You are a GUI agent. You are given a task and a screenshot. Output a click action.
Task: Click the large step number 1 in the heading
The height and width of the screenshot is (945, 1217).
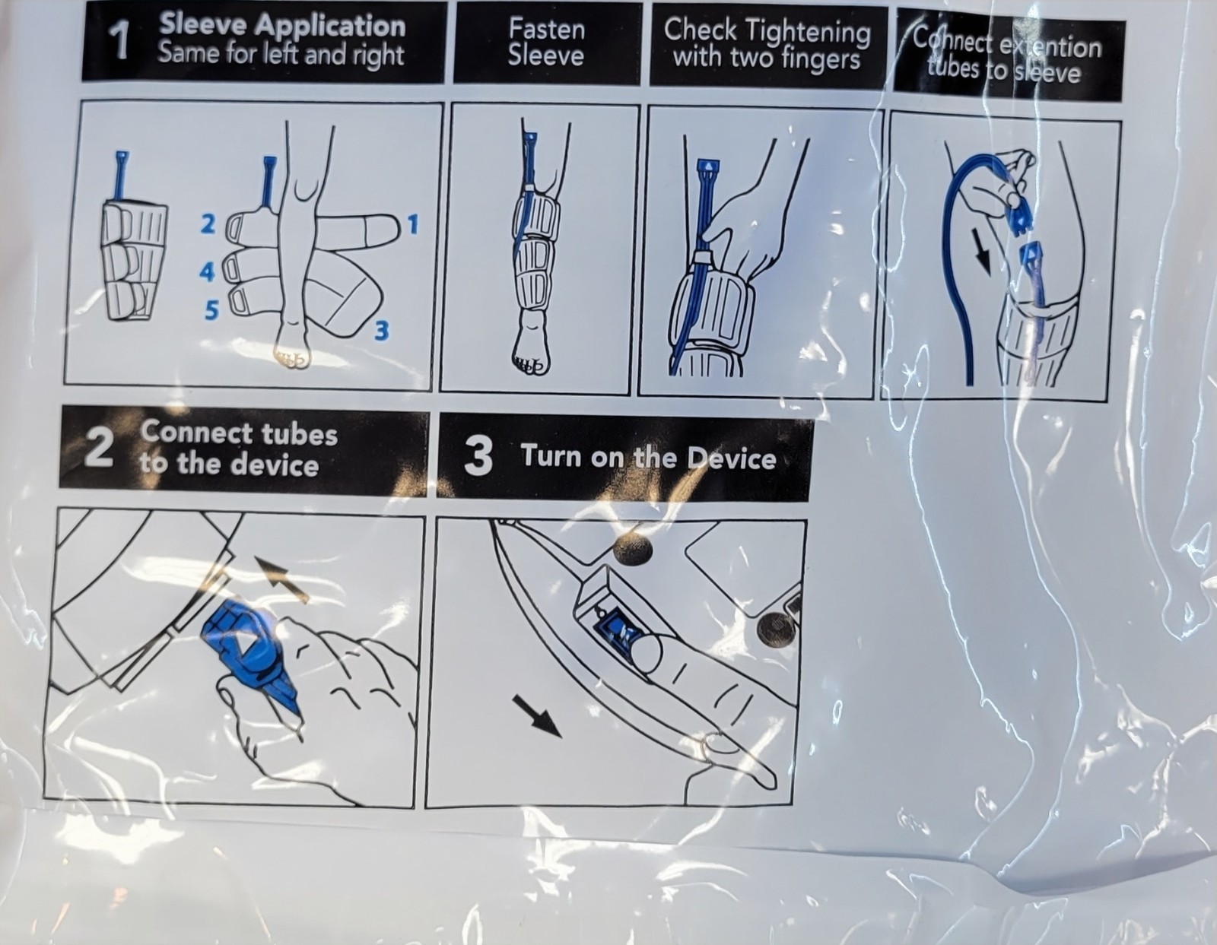121,43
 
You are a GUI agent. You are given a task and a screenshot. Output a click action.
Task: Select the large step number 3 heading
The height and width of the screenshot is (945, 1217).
478,456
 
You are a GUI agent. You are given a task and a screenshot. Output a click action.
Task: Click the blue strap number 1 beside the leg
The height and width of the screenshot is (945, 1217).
413,225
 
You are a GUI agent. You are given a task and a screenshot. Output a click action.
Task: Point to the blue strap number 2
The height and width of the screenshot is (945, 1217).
208,224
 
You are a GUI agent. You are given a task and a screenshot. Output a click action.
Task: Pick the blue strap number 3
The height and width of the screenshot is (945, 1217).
381,331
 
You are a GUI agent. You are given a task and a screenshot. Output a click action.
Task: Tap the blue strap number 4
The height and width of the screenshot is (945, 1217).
207,272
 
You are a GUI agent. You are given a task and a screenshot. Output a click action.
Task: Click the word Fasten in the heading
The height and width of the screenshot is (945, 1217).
547,29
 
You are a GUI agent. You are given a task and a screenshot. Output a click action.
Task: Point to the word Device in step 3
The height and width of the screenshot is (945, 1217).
732,458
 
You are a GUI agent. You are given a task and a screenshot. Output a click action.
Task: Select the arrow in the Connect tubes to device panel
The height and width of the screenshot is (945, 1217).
281,579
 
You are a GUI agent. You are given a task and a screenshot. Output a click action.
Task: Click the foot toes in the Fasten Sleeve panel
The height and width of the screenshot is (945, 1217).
528,366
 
